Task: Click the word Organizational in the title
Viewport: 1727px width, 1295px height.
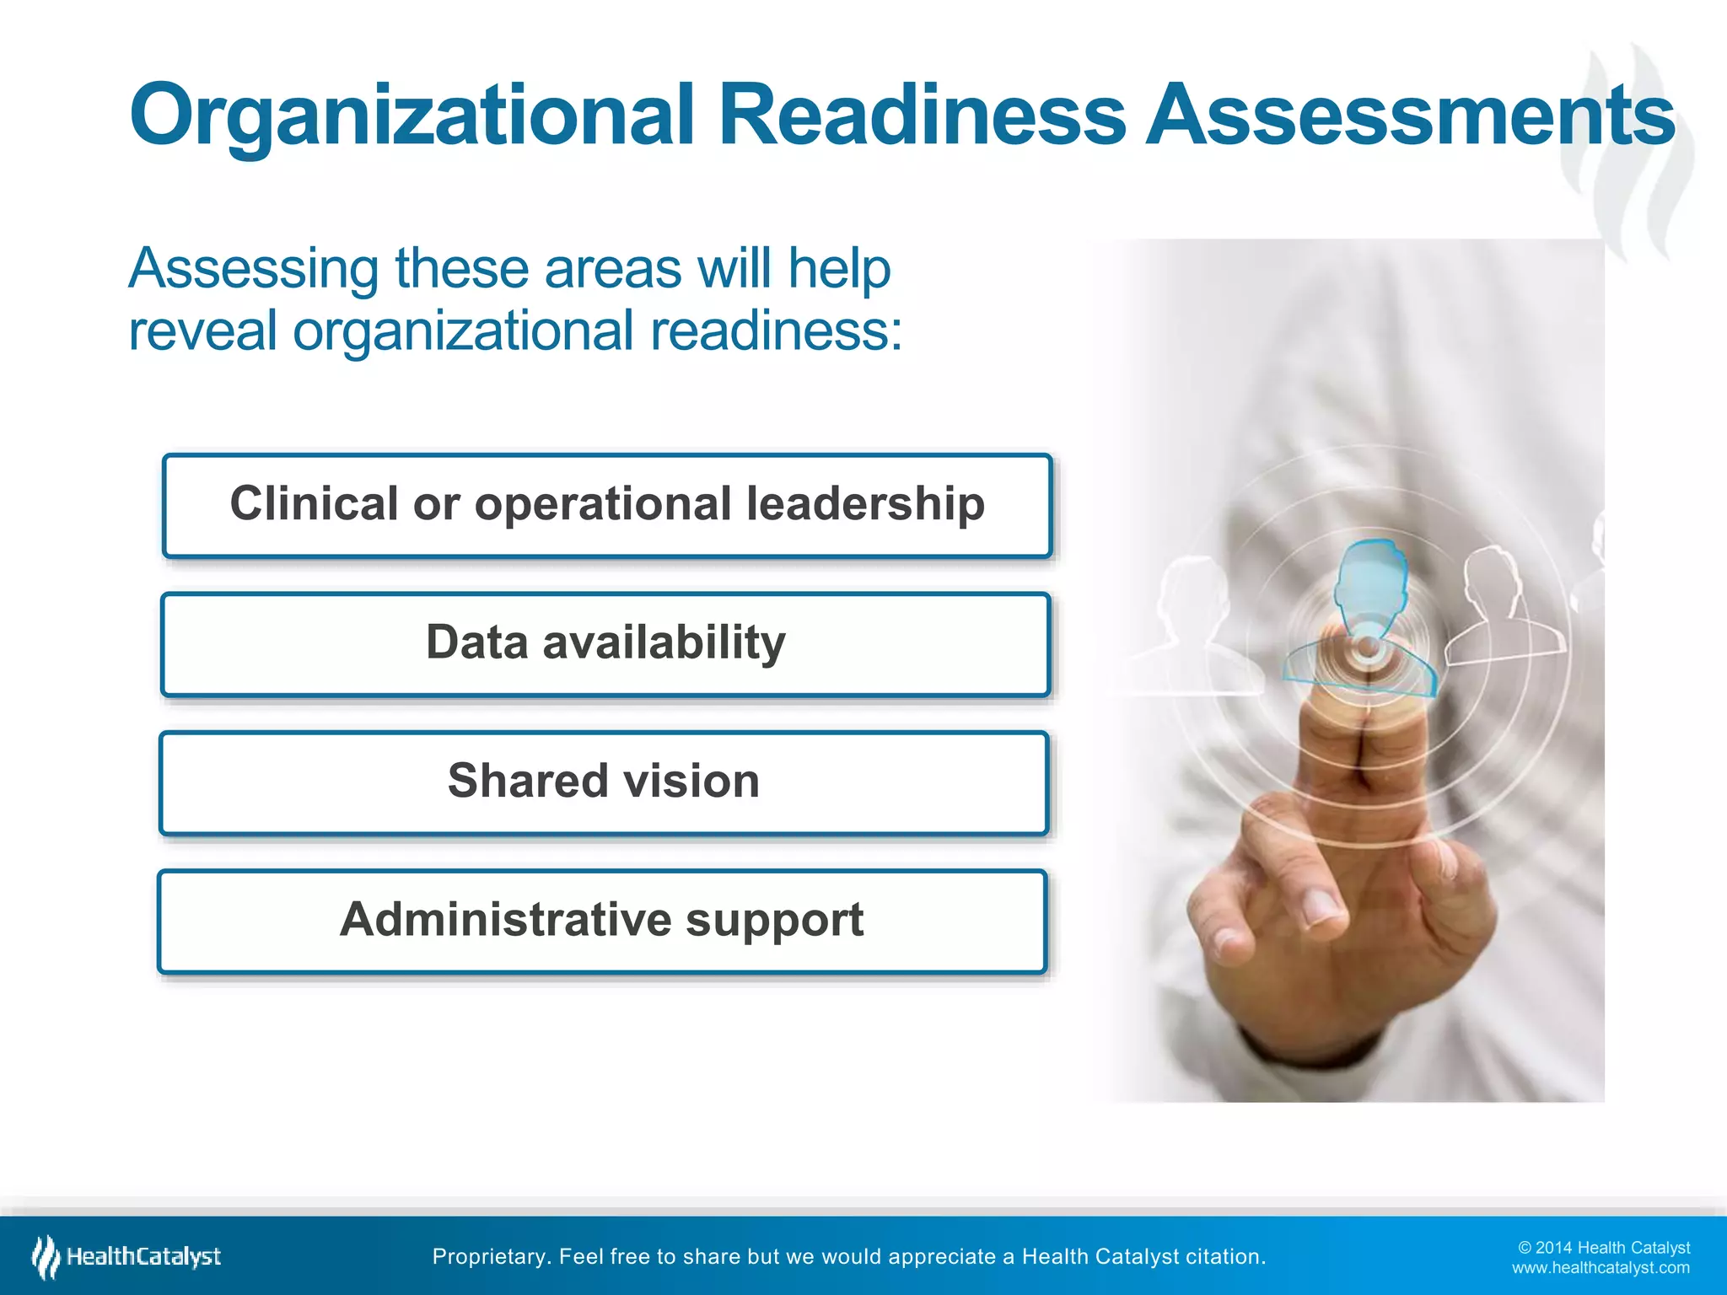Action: (412, 116)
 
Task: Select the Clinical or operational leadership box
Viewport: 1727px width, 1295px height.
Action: (607, 506)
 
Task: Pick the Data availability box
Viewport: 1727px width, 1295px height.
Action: (605, 644)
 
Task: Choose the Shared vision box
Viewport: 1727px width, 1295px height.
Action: (604, 782)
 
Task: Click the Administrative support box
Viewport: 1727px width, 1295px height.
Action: (602, 921)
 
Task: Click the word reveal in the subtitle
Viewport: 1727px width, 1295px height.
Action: (202, 330)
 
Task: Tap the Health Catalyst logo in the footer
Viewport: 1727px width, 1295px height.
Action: (126, 1257)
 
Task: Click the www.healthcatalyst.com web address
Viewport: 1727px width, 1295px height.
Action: (1601, 1268)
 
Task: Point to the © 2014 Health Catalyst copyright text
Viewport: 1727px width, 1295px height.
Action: (1604, 1248)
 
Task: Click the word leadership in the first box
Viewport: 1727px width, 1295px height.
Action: (865, 504)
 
